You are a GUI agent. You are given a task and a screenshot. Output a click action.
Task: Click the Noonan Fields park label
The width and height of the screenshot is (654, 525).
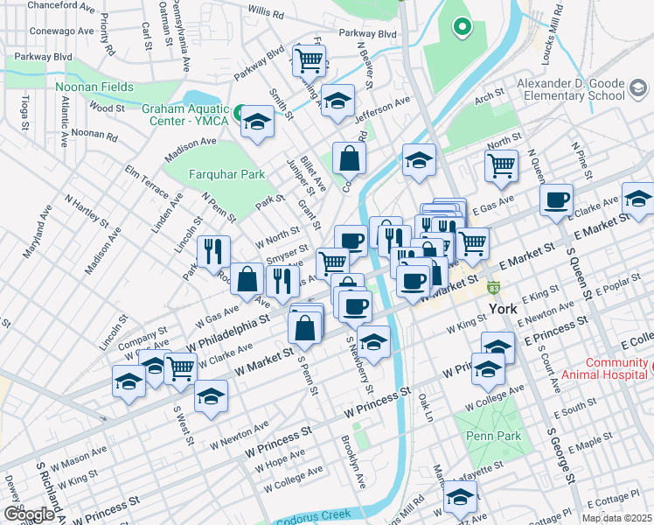[94, 87]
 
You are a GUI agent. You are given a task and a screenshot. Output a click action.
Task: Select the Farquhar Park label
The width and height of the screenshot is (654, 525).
[227, 174]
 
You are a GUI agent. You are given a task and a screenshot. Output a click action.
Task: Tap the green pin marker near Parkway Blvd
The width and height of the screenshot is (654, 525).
[462, 28]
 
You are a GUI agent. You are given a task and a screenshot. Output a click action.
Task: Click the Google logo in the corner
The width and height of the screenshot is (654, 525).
[28, 514]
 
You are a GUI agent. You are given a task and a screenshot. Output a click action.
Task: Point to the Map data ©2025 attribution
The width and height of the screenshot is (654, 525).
[616, 518]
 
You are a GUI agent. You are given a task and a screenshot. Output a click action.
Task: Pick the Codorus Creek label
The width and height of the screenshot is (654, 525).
[316, 518]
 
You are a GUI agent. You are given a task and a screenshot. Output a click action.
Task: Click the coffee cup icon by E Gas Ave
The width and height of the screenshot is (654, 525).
[556, 200]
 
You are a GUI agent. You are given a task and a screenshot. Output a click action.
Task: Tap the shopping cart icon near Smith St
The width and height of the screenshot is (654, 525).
[310, 59]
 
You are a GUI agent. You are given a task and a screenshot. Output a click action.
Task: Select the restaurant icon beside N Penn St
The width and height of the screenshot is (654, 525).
[213, 251]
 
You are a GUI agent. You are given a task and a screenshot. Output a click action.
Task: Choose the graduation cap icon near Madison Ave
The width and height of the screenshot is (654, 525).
[258, 122]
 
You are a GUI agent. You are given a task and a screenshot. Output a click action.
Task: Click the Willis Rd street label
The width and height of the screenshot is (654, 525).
[266, 15]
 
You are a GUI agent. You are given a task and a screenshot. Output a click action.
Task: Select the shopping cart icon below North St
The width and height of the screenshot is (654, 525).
[501, 164]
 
